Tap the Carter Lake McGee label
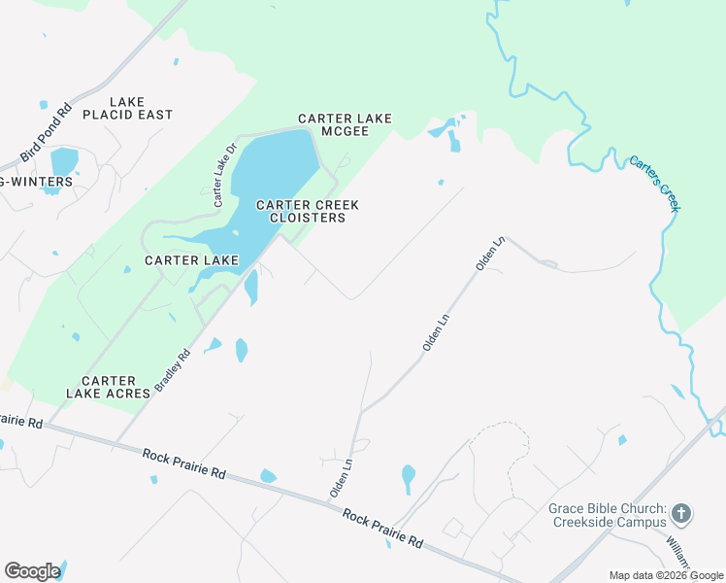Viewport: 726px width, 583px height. tap(345, 125)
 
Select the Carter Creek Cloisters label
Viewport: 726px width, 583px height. tap(308, 211)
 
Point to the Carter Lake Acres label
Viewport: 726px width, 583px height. tap(108, 387)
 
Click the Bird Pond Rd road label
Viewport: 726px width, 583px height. tap(47, 132)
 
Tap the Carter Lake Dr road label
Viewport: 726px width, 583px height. tap(225, 175)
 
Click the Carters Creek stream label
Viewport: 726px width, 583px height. tap(655, 184)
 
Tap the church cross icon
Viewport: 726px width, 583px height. tap(682, 512)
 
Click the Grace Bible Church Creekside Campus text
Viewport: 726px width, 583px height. tap(607, 516)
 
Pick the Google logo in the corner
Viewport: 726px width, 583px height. tap(32, 571)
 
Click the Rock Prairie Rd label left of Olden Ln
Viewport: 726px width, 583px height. tap(183, 463)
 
